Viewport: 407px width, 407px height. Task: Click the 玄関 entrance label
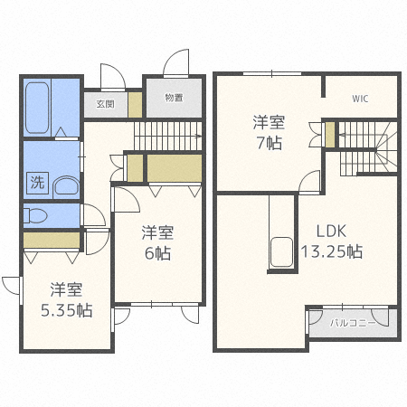point(105,104)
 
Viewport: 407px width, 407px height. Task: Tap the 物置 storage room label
point(174,98)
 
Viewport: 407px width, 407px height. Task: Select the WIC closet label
point(360,99)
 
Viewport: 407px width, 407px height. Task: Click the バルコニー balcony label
point(353,324)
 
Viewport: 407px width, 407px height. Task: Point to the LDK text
point(331,232)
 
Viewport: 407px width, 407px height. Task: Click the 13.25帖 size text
point(332,251)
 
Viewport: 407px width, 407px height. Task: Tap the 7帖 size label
point(270,143)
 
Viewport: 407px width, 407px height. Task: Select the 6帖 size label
point(157,253)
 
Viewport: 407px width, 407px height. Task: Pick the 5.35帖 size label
point(67,310)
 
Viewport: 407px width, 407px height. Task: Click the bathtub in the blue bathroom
point(37,108)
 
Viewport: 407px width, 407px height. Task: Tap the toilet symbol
point(35,216)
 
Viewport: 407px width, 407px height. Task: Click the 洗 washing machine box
point(37,183)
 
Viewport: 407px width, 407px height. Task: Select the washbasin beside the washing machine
point(66,186)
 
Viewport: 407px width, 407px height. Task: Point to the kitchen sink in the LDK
point(281,252)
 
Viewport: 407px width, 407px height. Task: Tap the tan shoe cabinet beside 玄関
point(135,105)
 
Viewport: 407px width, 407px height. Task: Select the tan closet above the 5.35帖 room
point(52,240)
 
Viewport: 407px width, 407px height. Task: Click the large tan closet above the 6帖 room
point(175,168)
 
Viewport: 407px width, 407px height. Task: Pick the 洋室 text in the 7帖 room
point(269,122)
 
